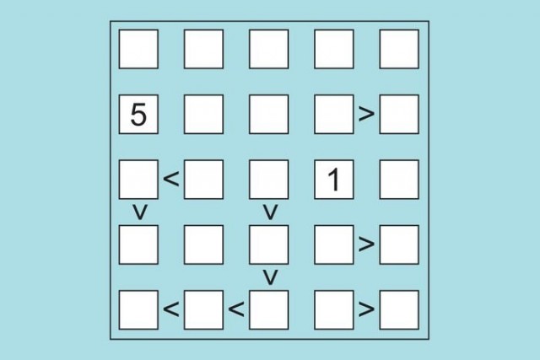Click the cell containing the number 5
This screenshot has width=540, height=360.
(x=138, y=115)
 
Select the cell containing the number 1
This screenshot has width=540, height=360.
(x=334, y=180)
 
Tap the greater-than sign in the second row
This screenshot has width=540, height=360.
(x=366, y=114)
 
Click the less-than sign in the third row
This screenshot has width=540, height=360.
(x=171, y=179)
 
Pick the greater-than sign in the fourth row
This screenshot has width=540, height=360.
(x=366, y=244)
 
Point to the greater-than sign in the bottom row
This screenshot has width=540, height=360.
(x=366, y=309)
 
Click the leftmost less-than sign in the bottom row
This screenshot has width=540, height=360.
(x=171, y=309)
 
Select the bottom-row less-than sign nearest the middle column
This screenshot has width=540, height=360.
(x=236, y=309)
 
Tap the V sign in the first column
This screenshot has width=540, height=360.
(x=140, y=212)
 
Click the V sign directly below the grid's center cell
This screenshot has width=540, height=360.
(x=270, y=212)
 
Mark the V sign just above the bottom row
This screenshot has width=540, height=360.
(x=270, y=277)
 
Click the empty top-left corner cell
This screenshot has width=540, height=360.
(x=138, y=49)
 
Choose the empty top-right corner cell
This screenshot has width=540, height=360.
(x=399, y=49)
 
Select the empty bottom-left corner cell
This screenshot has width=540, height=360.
(x=138, y=309)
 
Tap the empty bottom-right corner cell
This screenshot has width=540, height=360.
(x=399, y=309)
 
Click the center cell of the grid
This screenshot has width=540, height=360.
(x=268, y=180)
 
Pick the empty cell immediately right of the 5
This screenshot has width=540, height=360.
(x=203, y=115)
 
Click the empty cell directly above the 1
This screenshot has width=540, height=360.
(x=334, y=115)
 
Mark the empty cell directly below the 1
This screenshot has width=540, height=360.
(x=334, y=244)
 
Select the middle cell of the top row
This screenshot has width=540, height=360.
(x=268, y=49)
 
